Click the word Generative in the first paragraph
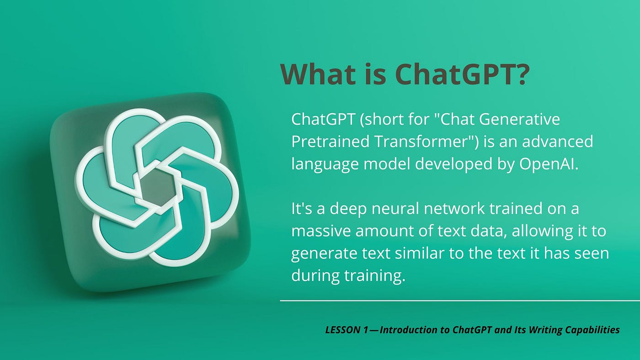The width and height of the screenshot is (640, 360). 519,119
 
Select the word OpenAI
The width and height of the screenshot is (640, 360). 549,164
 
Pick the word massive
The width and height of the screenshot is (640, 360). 321,231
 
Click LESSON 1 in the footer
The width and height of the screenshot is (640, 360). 347,330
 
